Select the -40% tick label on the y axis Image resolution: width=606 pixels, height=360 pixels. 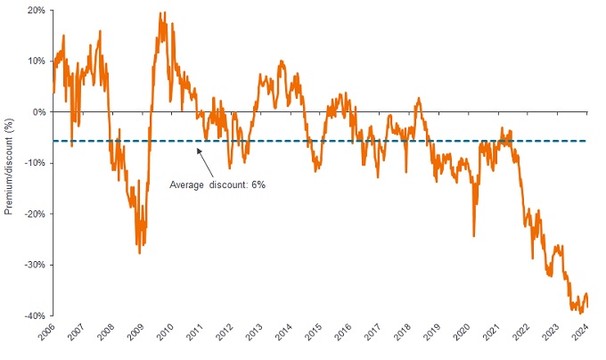coord(34,315)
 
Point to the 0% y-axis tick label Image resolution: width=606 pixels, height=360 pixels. coord(38,112)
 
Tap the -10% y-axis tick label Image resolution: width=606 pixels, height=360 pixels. coord(34,163)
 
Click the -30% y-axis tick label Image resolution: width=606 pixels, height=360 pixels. coord(34,265)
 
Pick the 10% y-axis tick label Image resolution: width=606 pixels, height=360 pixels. coord(36,61)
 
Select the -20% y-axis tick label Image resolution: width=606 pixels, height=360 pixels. coord(34,214)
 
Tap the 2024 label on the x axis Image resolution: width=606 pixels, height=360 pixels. coord(579,336)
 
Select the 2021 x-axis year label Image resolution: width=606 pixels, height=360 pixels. coord(490,336)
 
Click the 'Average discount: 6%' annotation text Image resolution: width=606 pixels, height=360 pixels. coord(217,184)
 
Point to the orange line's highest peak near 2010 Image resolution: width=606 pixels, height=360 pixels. coord(161,13)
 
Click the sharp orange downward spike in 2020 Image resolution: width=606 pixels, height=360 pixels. coord(473,235)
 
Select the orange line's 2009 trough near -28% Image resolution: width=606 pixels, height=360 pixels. coord(139,253)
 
